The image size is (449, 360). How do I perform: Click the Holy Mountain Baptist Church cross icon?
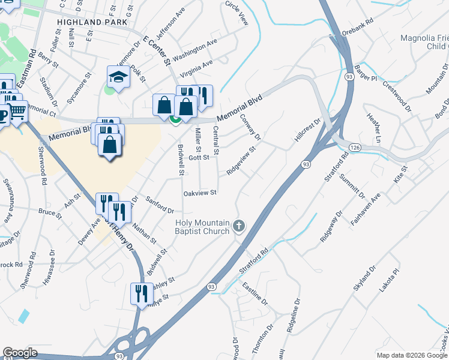[239, 226]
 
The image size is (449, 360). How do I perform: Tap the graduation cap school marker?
[118, 77]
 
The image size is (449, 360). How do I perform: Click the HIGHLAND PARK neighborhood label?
[92, 22]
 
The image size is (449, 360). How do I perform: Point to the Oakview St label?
[199, 193]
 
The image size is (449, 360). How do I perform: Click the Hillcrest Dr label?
[308, 130]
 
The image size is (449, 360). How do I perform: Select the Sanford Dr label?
[160, 206]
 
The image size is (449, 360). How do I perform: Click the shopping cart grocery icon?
[18, 111]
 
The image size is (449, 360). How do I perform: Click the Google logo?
[20, 352]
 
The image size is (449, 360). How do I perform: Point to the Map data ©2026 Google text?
[411, 355]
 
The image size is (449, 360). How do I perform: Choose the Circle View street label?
[237, 12]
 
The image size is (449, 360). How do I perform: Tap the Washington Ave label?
[194, 52]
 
